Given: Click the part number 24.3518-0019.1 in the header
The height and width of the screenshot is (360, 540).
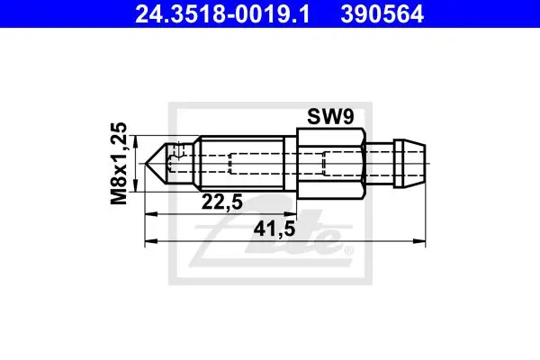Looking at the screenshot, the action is [x=222, y=14].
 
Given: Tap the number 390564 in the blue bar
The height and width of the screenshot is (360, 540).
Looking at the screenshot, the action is [x=382, y=14].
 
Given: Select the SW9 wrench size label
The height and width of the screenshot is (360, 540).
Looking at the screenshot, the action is [x=330, y=117].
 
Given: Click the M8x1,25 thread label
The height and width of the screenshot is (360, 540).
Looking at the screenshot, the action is [x=119, y=163].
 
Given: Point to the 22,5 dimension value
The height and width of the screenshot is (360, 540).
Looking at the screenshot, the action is [x=222, y=202].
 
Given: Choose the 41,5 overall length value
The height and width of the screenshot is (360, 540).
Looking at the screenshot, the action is [x=274, y=229].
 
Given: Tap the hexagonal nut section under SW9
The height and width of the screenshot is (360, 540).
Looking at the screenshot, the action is [x=331, y=163].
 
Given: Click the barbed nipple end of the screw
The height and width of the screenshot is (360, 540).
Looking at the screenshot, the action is [x=409, y=163].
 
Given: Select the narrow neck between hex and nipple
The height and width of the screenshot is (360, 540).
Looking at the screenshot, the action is [x=380, y=163].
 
